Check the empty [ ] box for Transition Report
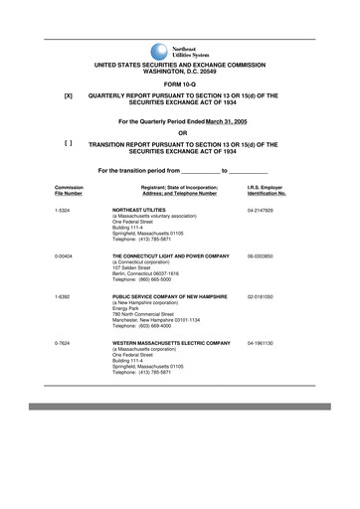pos(68,144)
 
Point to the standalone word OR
pos(181,132)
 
